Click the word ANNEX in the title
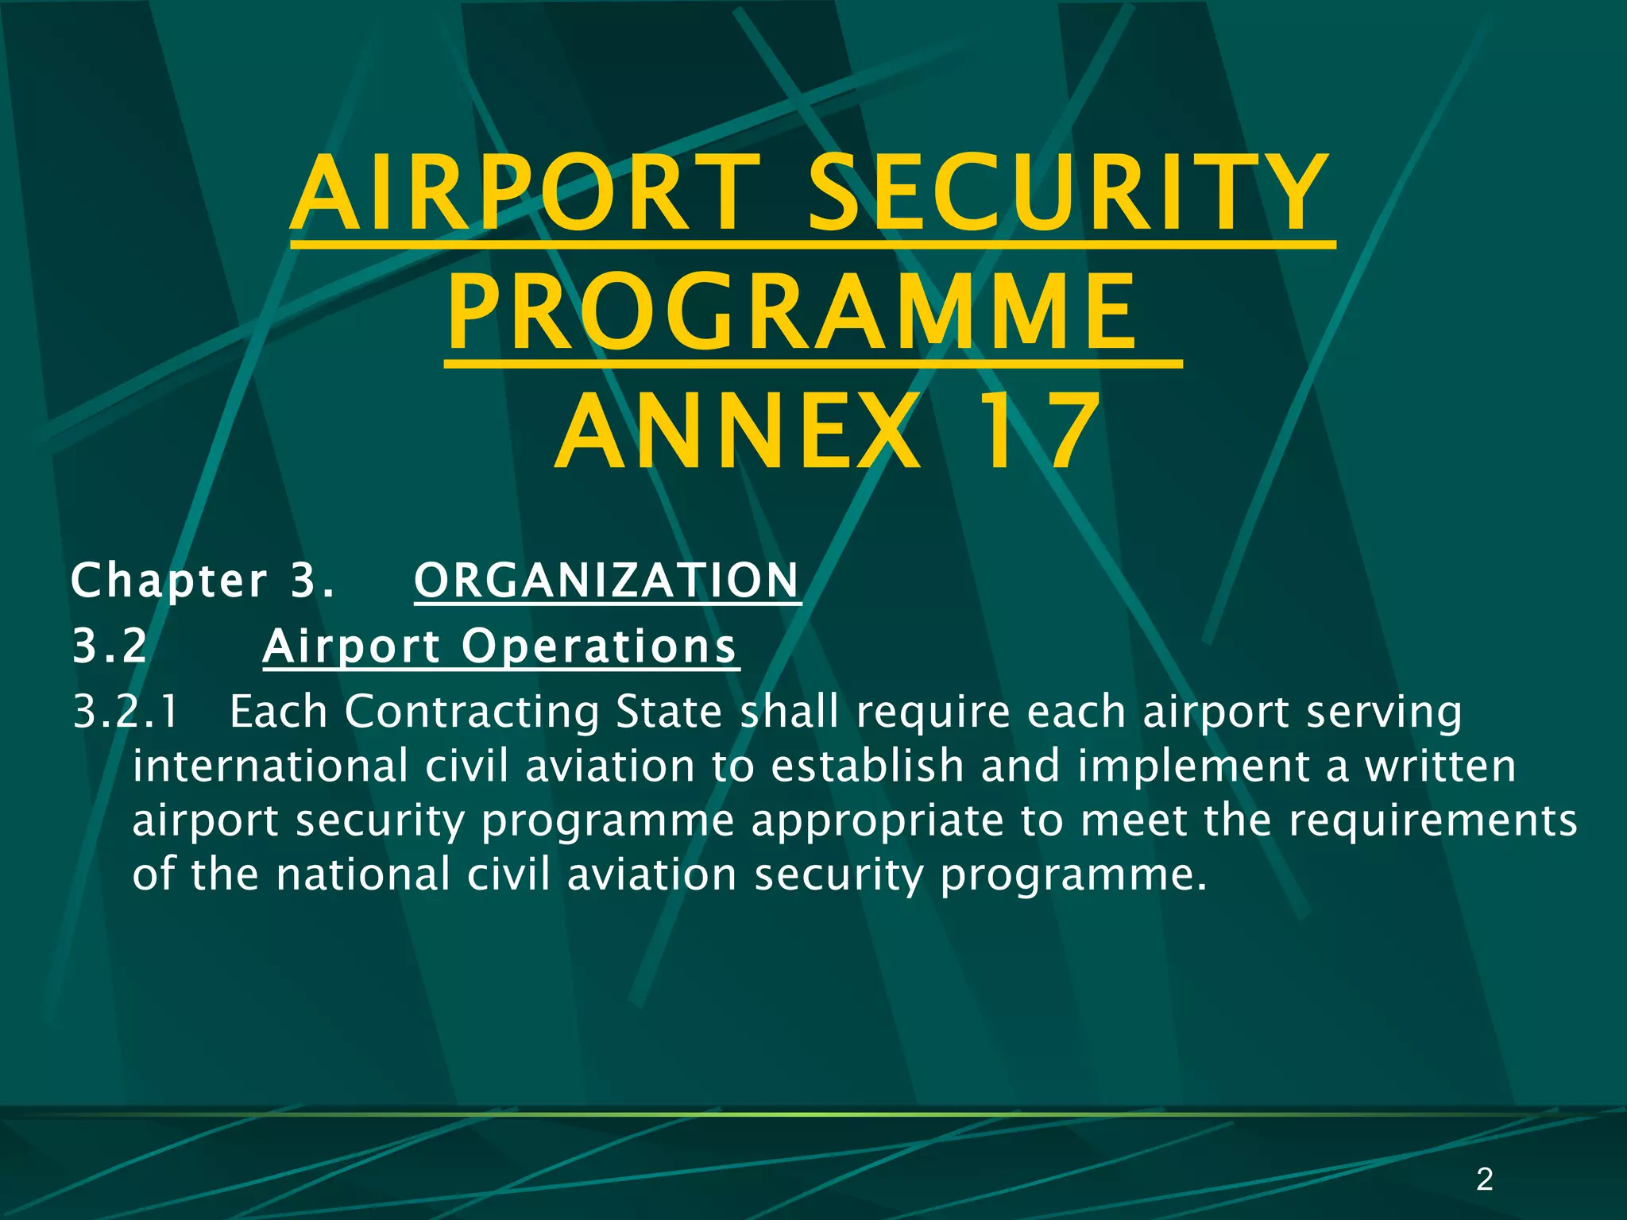pos(739,433)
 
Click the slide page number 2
pos(1484,1179)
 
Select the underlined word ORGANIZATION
pos(607,581)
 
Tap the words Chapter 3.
pos(203,581)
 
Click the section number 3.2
pos(110,646)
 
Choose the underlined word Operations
pos(600,646)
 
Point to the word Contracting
pos(472,712)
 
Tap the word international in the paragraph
pos(270,766)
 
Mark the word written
pos(1440,766)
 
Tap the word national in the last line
pos(364,874)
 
